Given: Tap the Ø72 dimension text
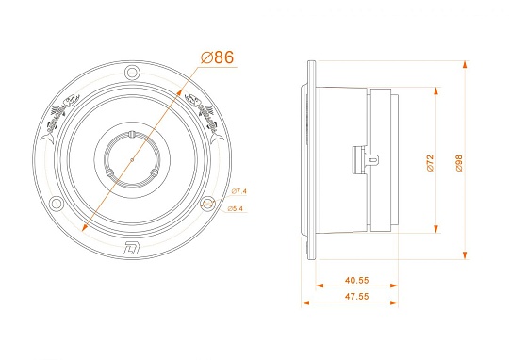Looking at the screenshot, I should [x=429, y=162].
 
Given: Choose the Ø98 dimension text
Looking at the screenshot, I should [x=459, y=162].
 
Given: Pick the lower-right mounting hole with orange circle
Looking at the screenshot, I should [x=208, y=203].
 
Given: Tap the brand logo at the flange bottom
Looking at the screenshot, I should [x=131, y=249].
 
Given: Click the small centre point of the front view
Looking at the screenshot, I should [x=132, y=159].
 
